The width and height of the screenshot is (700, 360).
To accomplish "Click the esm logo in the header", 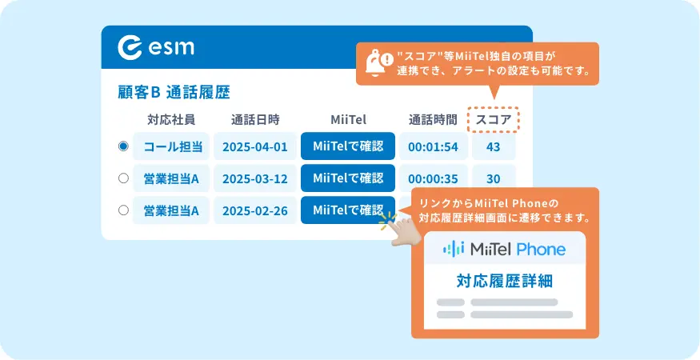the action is (156, 47).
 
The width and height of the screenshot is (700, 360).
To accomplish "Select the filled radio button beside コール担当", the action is (124, 146).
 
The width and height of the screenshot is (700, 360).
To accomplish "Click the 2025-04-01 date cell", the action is (255, 146).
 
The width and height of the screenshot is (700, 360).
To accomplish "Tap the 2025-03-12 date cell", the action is (255, 178).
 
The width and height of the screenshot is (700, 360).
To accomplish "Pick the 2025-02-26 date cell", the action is (255, 210).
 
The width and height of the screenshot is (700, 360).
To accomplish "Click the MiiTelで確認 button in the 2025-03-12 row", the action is (348, 178).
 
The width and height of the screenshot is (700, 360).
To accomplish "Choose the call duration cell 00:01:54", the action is (433, 146).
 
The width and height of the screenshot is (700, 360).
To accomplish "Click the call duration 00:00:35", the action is (433, 178).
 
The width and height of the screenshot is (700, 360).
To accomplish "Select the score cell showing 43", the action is (494, 146).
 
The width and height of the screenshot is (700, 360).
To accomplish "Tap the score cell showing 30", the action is (494, 178).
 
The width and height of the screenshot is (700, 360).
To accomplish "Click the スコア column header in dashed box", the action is (494, 120).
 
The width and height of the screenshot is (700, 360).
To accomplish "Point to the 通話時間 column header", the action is (433, 120).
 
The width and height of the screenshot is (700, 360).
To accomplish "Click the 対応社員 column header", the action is (171, 120).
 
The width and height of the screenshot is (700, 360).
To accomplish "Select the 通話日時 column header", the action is (255, 120).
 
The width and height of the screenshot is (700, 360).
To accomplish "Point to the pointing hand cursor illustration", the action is (401, 230).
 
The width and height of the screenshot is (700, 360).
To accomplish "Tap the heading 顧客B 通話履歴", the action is (174, 93).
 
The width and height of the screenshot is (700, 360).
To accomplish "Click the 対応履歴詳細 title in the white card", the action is (505, 281).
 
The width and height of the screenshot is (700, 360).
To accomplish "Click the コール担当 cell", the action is (171, 146).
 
